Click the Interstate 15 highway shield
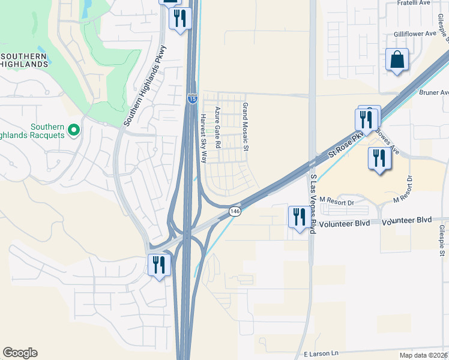(191, 98)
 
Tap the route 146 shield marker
(235, 212)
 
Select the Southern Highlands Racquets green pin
(74, 130)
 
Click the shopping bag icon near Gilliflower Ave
(397, 60)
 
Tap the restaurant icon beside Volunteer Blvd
(299, 217)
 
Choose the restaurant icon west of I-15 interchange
(159, 265)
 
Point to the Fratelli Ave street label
(414, 3)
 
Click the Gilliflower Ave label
(415, 34)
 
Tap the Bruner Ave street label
(434, 93)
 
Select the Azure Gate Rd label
(218, 128)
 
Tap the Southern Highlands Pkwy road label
(145, 85)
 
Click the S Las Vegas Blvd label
(313, 202)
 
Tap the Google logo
(20, 353)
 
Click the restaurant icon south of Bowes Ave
(379, 159)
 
